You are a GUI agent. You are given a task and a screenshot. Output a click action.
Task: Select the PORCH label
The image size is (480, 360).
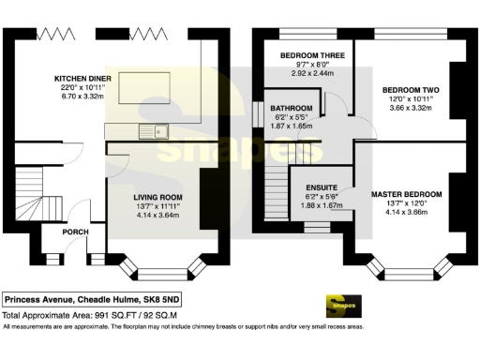tap(75, 232)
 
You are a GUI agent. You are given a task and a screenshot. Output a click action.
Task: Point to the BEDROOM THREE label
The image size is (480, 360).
tap(315, 55)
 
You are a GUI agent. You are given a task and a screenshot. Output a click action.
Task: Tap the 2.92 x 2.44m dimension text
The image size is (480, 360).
tap(315, 72)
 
